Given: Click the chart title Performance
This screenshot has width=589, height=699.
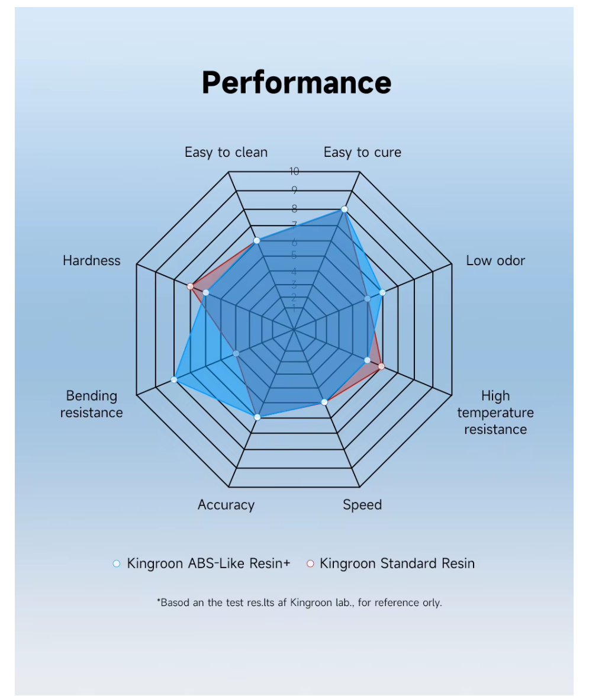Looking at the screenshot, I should (296, 82).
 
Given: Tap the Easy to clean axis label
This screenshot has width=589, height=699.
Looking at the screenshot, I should (226, 152).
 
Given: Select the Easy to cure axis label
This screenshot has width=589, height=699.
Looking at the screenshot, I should (362, 152).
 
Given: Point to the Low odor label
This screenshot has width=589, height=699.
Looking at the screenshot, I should (495, 260).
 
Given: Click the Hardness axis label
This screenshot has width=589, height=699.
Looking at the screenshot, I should (92, 260).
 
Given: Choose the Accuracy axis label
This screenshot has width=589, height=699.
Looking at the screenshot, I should (226, 505).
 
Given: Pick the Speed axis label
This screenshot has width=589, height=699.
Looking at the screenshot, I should (362, 505).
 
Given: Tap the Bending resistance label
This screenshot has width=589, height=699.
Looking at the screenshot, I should (92, 404).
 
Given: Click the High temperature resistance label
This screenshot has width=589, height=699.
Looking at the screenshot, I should (495, 412).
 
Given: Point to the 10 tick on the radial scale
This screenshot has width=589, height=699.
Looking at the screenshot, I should (294, 172).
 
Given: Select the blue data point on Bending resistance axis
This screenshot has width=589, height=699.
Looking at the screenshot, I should (174, 379).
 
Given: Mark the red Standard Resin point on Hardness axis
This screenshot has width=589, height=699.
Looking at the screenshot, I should (190, 286).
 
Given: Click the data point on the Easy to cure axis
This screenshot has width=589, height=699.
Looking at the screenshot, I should (345, 210).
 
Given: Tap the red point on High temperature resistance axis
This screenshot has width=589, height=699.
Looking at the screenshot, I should (381, 366).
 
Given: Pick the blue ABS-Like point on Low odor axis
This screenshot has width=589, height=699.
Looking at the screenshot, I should (382, 292).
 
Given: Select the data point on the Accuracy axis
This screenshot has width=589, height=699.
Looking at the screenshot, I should (257, 417).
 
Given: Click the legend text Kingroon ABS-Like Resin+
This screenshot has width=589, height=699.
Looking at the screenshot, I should (208, 563).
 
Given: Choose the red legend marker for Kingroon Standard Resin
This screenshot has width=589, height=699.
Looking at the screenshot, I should (310, 563).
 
